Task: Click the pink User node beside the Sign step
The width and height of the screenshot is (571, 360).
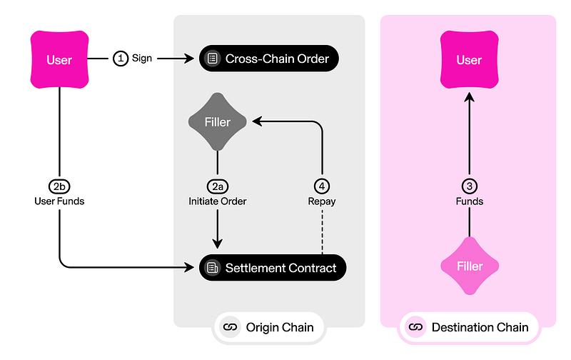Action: [x=59, y=59]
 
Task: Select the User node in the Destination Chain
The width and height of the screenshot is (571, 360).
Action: [x=469, y=59]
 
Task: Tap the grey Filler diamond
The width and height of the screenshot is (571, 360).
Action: [x=218, y=122]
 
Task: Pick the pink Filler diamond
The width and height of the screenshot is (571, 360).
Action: [x=469, y=266]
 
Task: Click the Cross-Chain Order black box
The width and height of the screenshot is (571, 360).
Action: [x=268, y=59]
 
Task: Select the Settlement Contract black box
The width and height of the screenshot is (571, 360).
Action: [x=273, y=268]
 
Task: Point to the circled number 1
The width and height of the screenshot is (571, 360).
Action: [x=121, y=59]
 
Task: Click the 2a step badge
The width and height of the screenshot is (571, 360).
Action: [x=218, y=186]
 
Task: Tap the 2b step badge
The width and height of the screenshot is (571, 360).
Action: [x=59, y=186]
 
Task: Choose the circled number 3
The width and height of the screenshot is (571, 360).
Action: [x=469, y=186]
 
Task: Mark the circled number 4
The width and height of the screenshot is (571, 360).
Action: [x=323, y=186]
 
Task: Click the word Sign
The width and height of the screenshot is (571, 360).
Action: [x=142, y=59]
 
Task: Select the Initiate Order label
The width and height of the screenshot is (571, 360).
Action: [x=218, y=201]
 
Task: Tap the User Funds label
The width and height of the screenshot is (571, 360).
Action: [x=59, y=201]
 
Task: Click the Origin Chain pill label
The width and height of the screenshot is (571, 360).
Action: [x=268, y=327]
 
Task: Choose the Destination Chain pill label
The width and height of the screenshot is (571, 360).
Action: [x=470, y=327]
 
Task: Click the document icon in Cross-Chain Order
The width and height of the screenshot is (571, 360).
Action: [x=212, y=59]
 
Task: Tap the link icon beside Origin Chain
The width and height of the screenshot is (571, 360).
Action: [x=229, y=327]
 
